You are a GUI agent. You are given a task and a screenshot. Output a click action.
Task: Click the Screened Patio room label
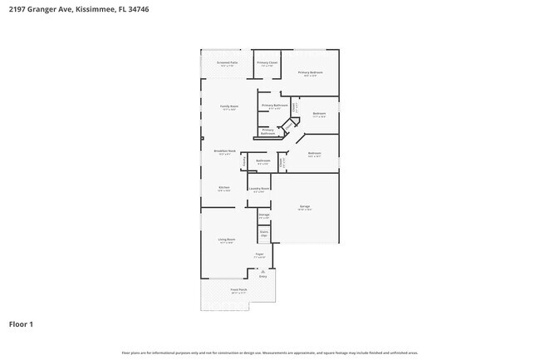click(x=227, y=63)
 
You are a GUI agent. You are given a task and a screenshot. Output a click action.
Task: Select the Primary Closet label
click(x=267, y=63)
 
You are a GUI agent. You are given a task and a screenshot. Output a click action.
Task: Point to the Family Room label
click(x=229, y=107)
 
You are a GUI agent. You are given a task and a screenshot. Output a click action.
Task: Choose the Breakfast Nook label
click(x=226, y=152)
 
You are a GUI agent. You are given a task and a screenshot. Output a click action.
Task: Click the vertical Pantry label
click(x=243, y=161)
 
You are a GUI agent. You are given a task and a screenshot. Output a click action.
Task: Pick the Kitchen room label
click(x=224, y=189)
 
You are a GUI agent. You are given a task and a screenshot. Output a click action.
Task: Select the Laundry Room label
click(x=259, y=190)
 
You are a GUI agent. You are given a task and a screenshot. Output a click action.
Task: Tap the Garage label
click(x=305, y=207)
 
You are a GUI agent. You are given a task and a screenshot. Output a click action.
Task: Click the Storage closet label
click(x=263, y=216)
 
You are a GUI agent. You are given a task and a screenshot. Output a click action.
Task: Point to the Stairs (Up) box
click(x=264, y=234)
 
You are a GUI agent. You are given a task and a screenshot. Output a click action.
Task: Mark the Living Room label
click(x=227, y=240)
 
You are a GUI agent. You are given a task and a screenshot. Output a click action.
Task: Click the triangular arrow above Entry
click(x=263, y=270)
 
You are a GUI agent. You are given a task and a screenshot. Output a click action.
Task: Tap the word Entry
click(x=263, y=276)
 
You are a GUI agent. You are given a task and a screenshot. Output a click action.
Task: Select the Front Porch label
click(x=239, y=291)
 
